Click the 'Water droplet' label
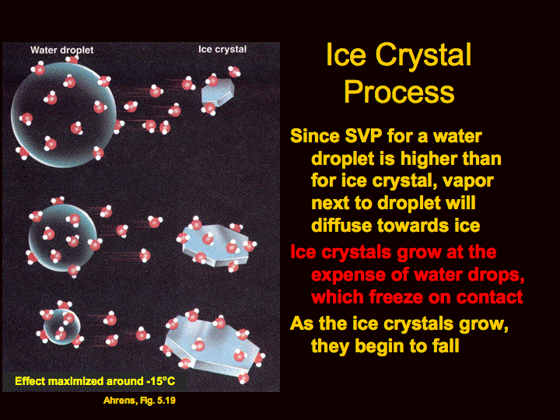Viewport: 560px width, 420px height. coord(61,50)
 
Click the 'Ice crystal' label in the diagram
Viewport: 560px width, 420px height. coord(222,49)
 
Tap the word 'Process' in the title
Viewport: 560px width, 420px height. coord(399,92)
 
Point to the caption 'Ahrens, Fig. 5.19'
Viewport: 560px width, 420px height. coord(139,401)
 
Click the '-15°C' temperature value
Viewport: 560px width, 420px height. coord(161,381)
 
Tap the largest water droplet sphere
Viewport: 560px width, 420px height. coord(64,114)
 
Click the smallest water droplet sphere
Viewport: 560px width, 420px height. coord(61,327)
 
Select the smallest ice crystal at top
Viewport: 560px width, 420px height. coord(218,92)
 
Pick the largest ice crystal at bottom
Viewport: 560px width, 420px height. coord(212,345)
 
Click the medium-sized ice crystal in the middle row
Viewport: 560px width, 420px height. coord(215,245)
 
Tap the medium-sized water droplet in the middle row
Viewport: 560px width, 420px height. coord(63,238)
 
